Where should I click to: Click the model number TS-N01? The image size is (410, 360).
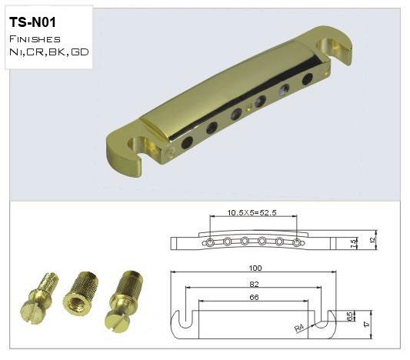pos(32,22)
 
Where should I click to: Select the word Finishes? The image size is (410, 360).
pos(35,39)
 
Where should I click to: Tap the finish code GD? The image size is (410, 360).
pos(80,52)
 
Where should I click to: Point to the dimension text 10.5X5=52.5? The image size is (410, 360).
pos(252,212)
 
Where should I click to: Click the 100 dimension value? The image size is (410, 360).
pos(255,268)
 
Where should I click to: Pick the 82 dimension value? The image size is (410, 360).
pos(254,284)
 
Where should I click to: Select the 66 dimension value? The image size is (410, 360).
pos(254,297)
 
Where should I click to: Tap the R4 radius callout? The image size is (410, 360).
pos(299,328)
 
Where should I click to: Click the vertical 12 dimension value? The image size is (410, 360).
pos(373,239)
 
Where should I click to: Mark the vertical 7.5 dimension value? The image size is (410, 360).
pos(353,244)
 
